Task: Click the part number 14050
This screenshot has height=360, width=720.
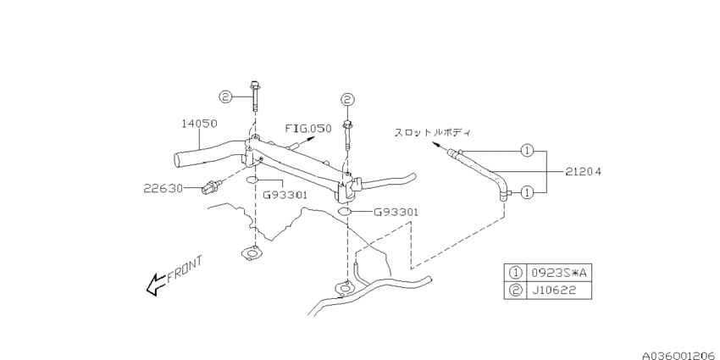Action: coord(199,124)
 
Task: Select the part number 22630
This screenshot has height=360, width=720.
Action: coord(163,188)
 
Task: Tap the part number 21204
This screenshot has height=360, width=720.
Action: coord(583,172)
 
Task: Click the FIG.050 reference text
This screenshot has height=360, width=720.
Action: coord(308,129)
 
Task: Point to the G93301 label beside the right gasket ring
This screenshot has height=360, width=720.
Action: coord(396,212)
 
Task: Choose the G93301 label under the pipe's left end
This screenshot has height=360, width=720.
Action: coord(285,195)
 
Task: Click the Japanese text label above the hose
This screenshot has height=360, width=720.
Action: coord(433,132)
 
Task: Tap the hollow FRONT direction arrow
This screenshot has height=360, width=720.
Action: coord(156,284)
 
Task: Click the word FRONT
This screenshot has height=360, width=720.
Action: coord(185,269)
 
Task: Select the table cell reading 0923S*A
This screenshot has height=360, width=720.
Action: coord(559,273)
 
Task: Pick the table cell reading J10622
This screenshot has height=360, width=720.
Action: coord(559,291)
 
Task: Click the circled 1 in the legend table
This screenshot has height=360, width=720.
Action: coord(516,273)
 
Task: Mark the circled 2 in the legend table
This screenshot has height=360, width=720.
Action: coord(516,291)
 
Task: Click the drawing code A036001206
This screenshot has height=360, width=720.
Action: coord(680,355)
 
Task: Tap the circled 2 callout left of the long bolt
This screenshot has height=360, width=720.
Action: coord(225,97)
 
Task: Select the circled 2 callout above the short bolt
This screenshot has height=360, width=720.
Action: coord(347,99)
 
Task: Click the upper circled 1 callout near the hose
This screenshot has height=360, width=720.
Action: coord(528,150)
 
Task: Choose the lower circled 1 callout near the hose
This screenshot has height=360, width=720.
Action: coord(528,193)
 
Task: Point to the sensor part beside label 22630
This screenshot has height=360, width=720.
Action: coord(212,186)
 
